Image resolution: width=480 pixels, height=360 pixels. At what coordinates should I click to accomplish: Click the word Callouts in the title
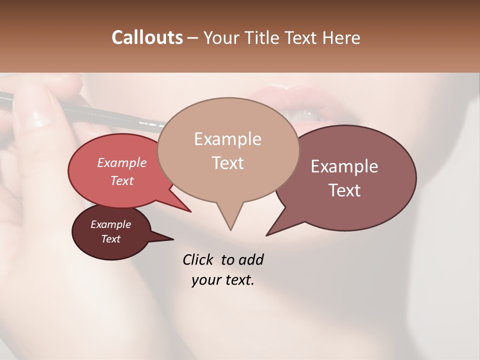click(x=147, y=37)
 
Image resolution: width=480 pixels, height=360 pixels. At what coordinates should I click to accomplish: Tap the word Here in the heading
click(x=341, y=37)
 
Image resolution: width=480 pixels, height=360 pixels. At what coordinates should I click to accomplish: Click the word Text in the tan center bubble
click(x=227, y=162)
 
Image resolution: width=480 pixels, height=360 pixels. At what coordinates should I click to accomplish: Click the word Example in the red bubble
click(x=122, y=162)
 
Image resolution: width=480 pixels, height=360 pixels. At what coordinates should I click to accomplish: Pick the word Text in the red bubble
click(x=122, y=180)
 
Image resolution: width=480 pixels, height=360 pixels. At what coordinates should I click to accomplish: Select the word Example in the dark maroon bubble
click(x=110, y=224)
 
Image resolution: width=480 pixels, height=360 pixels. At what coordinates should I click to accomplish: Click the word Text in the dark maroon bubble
click(x=110, y=239)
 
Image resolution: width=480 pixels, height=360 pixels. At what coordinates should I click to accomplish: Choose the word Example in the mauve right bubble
click(x=344, y=166)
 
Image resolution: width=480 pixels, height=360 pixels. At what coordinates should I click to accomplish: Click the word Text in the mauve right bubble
click(x=344, y=190)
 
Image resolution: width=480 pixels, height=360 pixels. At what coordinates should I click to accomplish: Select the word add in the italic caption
click(x=251, y=259)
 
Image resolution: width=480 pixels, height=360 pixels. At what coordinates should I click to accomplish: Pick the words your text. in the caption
click(x=223, y=280)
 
